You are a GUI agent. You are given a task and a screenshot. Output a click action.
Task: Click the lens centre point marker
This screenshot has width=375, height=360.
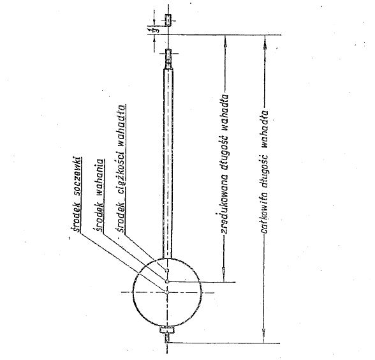167,292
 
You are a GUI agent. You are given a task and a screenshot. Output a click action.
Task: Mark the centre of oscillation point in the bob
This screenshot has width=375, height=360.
167,281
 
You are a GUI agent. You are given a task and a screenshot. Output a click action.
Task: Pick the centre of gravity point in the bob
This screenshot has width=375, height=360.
167,271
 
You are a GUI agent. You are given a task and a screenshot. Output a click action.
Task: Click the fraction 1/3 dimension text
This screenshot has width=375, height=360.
151,29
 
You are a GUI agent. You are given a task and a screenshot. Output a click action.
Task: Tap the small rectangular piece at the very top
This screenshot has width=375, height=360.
168,20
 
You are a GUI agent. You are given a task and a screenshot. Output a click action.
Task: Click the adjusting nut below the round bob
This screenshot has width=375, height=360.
167,331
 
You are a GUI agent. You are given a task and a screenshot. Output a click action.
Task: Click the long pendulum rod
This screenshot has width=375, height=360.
168,163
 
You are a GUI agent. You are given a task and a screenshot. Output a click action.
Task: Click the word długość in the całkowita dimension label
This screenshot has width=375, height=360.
264,170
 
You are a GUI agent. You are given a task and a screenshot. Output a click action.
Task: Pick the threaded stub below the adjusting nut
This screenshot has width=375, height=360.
167,339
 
